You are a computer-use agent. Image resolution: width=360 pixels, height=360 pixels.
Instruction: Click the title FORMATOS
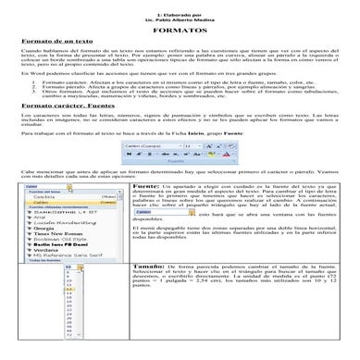pyautogui.click(x=180, y=31)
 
